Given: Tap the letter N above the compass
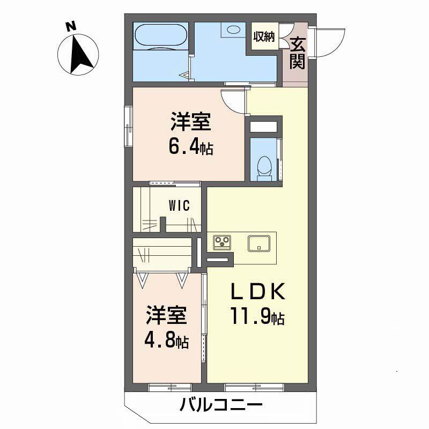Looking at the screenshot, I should pos(70,25).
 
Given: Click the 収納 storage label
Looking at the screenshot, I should pos(264,37).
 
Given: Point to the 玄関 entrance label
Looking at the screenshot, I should pos(297,54).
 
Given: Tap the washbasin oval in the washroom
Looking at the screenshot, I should pos(234,30).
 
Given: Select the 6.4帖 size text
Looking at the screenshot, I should pos(190,147).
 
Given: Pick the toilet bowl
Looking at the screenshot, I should pos(264,165).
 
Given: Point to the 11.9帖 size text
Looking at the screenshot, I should pos(257,317).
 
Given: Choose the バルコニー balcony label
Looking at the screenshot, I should pos(221,405).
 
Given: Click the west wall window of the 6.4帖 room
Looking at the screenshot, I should pos(129,127).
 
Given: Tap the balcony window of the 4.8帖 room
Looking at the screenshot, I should pos(167,386).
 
